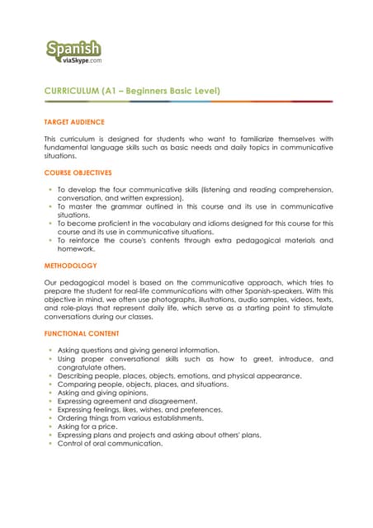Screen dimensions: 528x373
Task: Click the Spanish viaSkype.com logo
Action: pyautogui.click(x=74, y=51)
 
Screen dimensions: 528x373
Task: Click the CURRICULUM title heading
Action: pyautogui.click(x=132, y=90)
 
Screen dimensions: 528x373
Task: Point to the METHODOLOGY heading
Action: pyautogui.click(x=70, y=266)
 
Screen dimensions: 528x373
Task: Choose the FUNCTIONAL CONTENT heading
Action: pyautogui.click(x=82, y=333)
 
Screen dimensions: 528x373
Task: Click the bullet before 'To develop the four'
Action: pyautogui.click(x=50, y=189)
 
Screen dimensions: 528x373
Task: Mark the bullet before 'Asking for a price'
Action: pyautogui.click(x=50, y=426)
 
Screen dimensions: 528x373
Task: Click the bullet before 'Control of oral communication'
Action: pyautogui.click(x=50, y=443)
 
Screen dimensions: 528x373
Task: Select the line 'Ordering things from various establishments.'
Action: pyautogui.click(x=130, y=417)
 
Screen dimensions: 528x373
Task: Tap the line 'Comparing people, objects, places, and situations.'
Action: pyautogui.click(x=143, y=384)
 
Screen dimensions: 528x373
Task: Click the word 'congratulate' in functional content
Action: pyautogui.click(x=83, y=367)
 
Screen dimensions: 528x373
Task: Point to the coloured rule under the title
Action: pyautogui.click(x=189, y=101)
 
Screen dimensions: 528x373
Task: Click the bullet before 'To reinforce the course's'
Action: pyautogui.click(x=50, y=240)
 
